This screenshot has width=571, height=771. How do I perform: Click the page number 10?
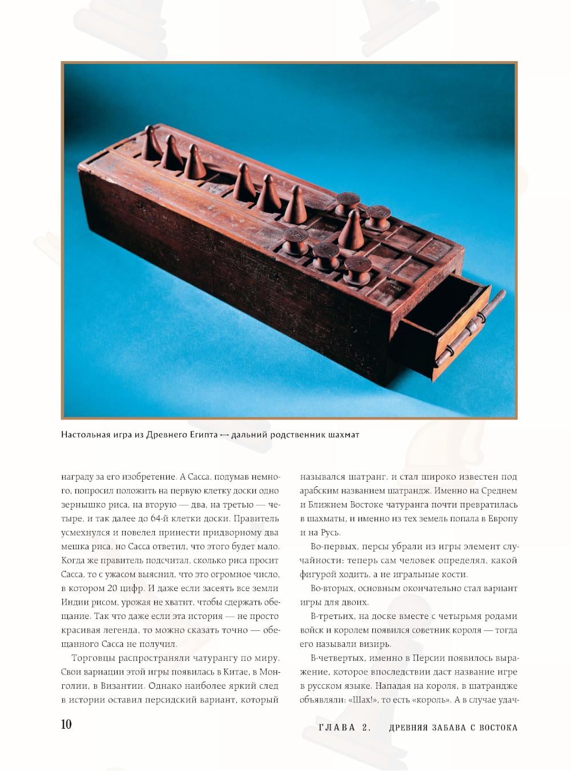[66, 724]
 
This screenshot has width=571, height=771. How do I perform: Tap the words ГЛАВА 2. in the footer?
[345, 728]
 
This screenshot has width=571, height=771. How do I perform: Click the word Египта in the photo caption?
[202, 434]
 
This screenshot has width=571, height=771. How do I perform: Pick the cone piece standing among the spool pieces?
[352, 230]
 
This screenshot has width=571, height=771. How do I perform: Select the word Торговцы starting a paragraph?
[93, 658]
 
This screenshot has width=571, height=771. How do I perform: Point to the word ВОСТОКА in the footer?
[498, 728]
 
